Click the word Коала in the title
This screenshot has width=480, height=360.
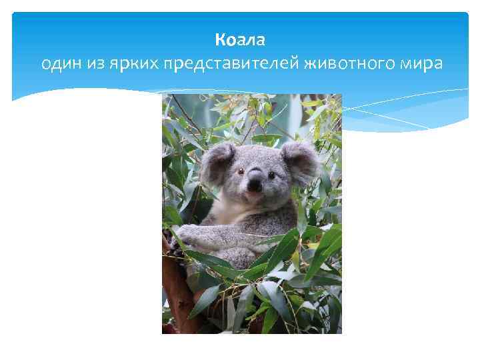point(240,41)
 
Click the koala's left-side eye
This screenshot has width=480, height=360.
point(241,171)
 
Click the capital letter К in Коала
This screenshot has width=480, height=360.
point(220,41)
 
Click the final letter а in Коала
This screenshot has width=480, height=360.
point(261,41)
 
